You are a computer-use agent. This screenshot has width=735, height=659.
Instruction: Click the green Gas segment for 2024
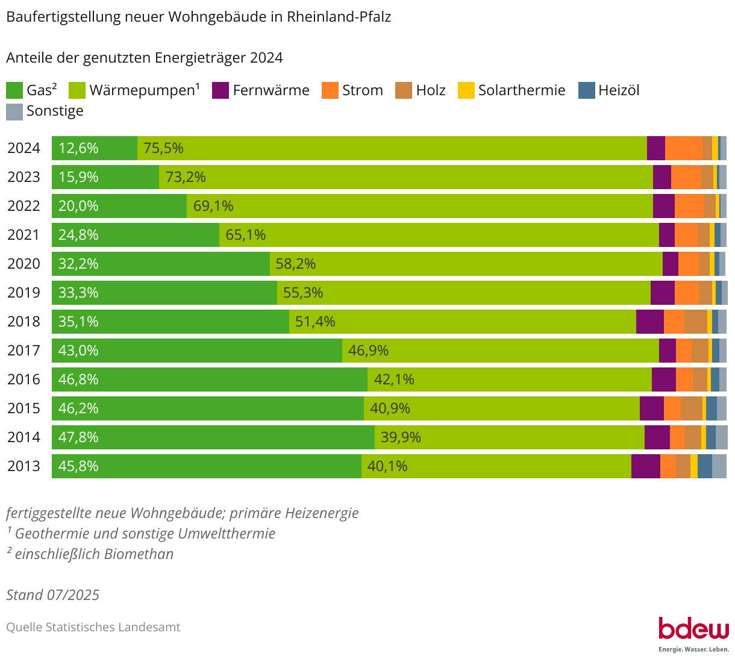(95, 148)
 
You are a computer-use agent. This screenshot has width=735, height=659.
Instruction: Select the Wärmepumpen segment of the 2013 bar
(496, 466)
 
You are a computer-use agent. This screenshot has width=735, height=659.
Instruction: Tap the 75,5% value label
(163, 148)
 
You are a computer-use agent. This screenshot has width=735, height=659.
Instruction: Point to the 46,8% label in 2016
(78, 379)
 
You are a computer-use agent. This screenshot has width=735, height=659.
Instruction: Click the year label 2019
(23, 293)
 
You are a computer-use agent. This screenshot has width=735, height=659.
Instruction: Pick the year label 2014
(23, 437)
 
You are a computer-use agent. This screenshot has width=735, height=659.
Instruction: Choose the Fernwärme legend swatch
(220, 90)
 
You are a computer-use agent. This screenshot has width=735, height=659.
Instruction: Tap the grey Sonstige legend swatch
(14, 111)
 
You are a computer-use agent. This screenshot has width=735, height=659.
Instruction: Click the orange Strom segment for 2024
(684, 148)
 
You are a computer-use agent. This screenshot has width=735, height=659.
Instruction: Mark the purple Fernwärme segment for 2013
(646, 466)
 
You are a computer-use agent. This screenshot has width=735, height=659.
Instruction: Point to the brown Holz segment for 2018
(696, 322)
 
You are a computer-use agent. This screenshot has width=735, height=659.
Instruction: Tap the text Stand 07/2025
(53, 595)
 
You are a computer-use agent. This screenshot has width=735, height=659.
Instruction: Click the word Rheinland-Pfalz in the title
(339, 17)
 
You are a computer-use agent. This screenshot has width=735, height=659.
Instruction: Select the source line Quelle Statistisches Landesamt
(93, 627)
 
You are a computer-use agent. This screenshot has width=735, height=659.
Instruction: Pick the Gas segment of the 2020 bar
(161, 264)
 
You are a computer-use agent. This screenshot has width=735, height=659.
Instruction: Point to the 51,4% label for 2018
(315, 322)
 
